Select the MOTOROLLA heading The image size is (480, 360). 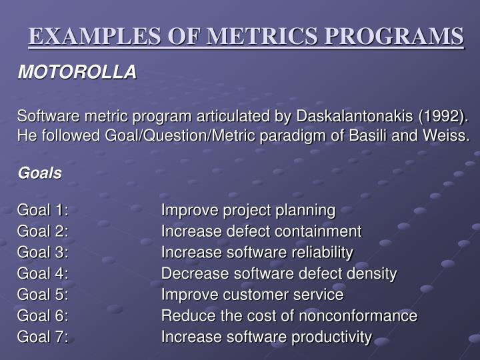(x=77, y=72)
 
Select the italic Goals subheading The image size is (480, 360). (x=39, y=173)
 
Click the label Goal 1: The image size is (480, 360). (x=43, y=211)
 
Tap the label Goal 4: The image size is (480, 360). (x=43, y=273)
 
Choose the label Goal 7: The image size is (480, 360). (x=43, y=337)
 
